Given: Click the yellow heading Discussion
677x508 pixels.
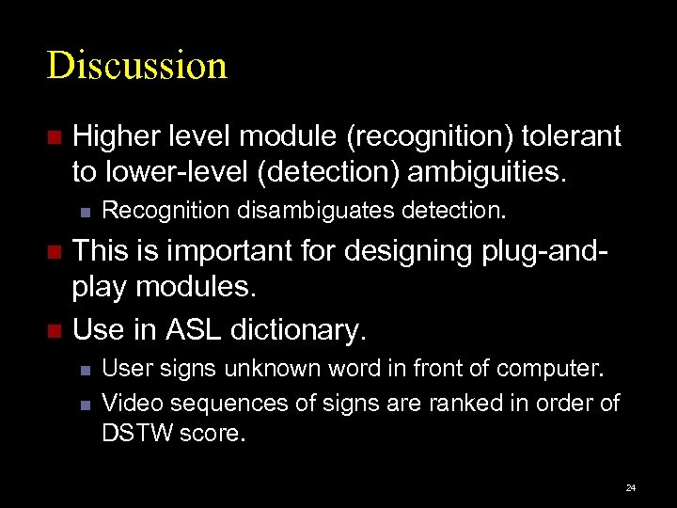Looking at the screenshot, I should [137, 66].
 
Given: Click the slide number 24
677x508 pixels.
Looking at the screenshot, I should [630, 488].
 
